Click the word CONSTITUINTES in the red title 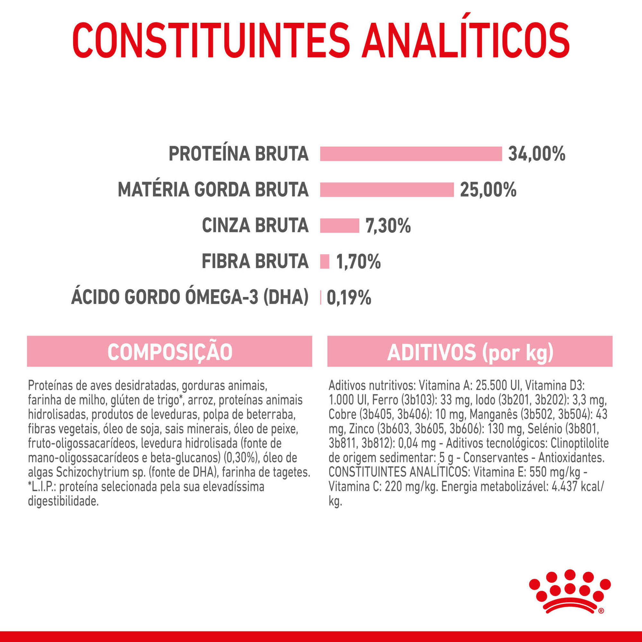[211, 40]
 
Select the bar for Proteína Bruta [411, 154]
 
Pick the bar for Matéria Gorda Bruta [387, 190]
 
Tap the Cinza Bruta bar [339, 226]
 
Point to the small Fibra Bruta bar [324, 261]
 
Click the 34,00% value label [537, 154]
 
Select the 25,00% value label [488, 190]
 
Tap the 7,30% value [388, 226]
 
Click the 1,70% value [358, 262]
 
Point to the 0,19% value [349, 298]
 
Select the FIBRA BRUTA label [255, 261]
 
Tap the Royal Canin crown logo [569, 596]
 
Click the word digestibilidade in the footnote [63, 501]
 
